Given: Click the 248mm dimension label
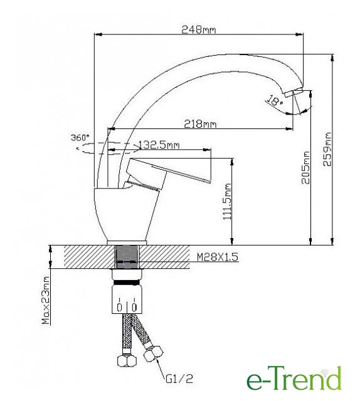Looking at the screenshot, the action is tap(199, 29).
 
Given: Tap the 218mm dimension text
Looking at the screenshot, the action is tap(200, 124).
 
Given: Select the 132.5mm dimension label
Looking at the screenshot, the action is tap(159, 145).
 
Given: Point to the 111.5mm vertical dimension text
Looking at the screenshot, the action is tap(227, 201).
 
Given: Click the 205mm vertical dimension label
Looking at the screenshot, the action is tap(305, 167).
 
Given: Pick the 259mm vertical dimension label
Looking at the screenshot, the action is tap(327, 149).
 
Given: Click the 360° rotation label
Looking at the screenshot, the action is tap(80, 138).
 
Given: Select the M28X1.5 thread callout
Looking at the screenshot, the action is tap(218, 256).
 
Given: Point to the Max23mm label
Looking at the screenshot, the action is tap(46, 300).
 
